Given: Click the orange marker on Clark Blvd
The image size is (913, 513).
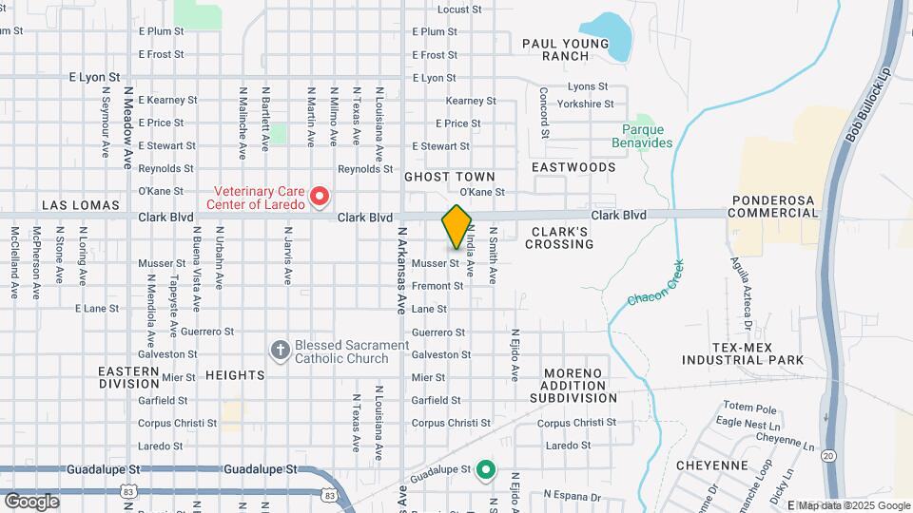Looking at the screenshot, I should (x=456, y=226).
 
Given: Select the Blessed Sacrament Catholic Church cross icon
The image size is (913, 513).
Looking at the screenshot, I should (x=280, y=351).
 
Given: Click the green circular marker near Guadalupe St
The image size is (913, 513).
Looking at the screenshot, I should (x=486, y=469).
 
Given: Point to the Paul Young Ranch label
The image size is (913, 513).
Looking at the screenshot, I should (x=566, y=49).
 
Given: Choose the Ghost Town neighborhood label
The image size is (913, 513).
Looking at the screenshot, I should (x=450, y=177).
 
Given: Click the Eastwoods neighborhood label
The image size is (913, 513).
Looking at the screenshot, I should (x=573, y=167).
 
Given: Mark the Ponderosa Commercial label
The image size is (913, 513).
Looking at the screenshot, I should (x=774, y=206).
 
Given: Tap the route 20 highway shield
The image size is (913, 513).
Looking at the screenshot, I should (x=828, y=456).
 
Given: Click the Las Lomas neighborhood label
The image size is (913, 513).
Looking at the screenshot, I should (x=80, y=205).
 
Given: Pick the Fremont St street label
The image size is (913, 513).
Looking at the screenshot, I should (x=437, y=286).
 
